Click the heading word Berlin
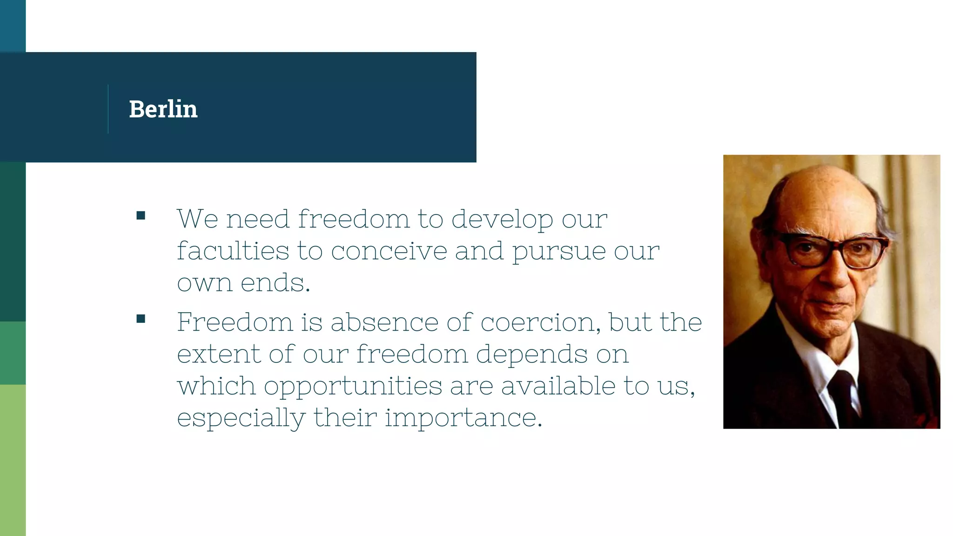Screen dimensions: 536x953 pyautogui.click(x=163, y=109)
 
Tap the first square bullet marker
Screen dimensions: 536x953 pyautogui.click(x=141, y=215)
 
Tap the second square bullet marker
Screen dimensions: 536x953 pyautogui.click(x=141, y=319)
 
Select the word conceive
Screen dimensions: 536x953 pyautogui.click(x=389, y=251)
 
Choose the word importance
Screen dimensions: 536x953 pyautogui.click(x=463, y=418)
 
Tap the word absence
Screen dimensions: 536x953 pyautogui.click(x=384, y=322)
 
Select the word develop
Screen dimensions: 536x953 pyautogui.click(x=502, y=220)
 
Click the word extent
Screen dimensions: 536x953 pyautogui.click(x=219, y=354)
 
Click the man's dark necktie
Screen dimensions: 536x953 pyautogui.click(x=843, y=395)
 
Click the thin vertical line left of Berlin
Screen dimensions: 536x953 pyautogui.click(x=108, y=109)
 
